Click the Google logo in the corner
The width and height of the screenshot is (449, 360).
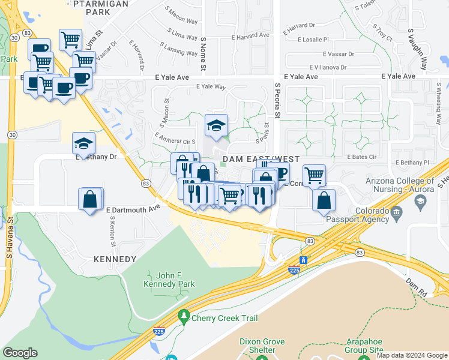20,353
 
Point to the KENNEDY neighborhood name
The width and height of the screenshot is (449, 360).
115,259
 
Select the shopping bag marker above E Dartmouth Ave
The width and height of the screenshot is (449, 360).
89,199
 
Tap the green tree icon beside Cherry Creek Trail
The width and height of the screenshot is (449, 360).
184,316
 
